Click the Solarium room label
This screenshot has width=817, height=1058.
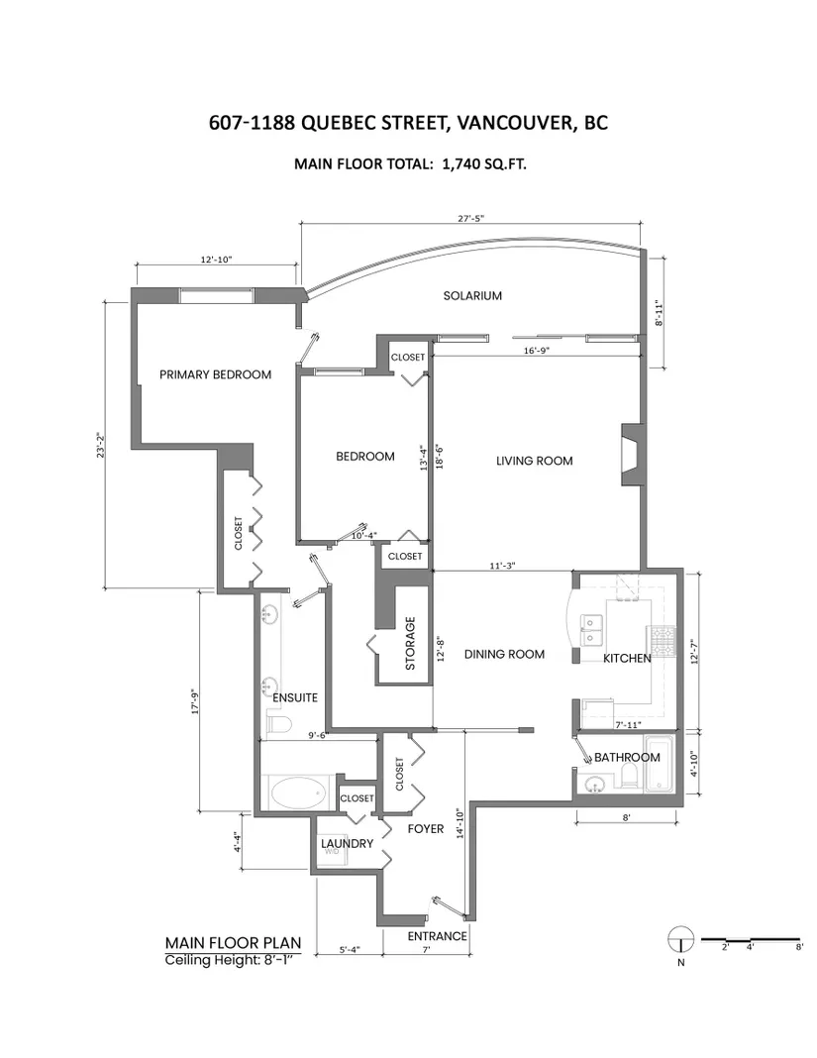[472, 295]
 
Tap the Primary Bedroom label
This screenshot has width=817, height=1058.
[215, 374]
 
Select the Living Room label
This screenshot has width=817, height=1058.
[535, 461]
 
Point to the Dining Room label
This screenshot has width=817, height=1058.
[504, 654]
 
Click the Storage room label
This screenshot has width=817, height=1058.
[410, 643]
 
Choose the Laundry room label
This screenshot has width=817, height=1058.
[347, 843]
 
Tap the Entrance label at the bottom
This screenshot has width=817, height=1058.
[437, 936]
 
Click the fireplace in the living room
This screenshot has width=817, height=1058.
[632, 454]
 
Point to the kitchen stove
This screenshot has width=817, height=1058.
[660, 641]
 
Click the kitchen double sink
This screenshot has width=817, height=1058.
[591, 629]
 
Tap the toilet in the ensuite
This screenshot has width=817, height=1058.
[278, 725]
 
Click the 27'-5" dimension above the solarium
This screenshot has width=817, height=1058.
[471, 219]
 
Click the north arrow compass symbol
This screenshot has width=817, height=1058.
[680, 938]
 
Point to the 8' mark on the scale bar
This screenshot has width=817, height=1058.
[799, 947]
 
